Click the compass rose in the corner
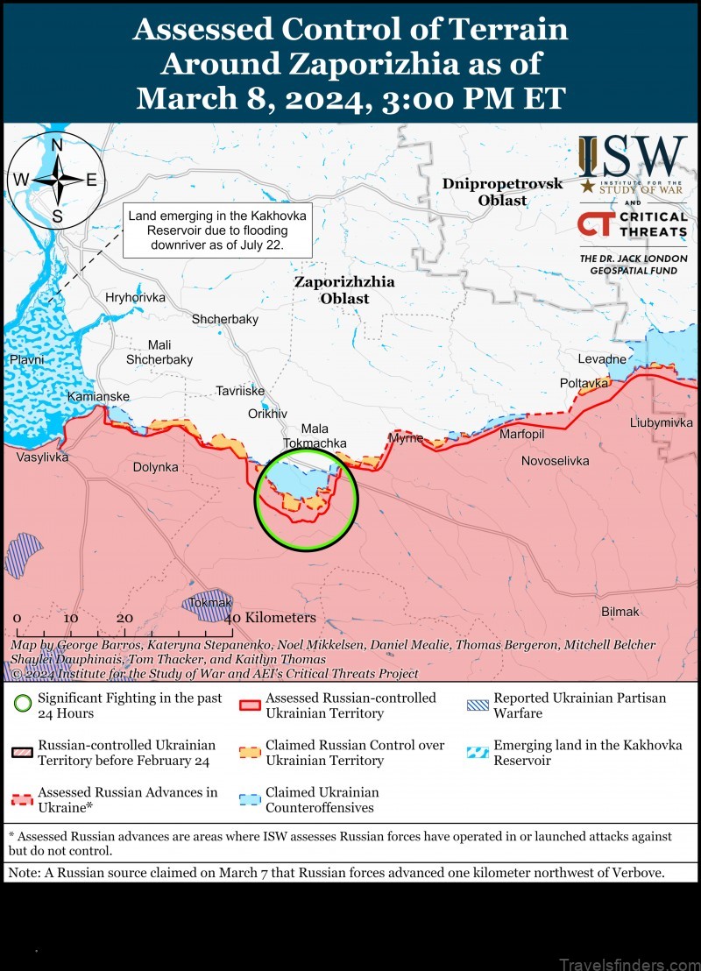57,180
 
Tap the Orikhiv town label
267,414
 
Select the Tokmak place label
209,603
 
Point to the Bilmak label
620,612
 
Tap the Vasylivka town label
42,457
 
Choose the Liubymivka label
662,422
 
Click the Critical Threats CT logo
592,224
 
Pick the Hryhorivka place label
135,297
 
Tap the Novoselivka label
556,460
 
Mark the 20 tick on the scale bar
124,618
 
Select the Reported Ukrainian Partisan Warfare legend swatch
478,705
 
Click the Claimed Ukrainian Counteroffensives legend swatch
251,800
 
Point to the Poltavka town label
584,383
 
